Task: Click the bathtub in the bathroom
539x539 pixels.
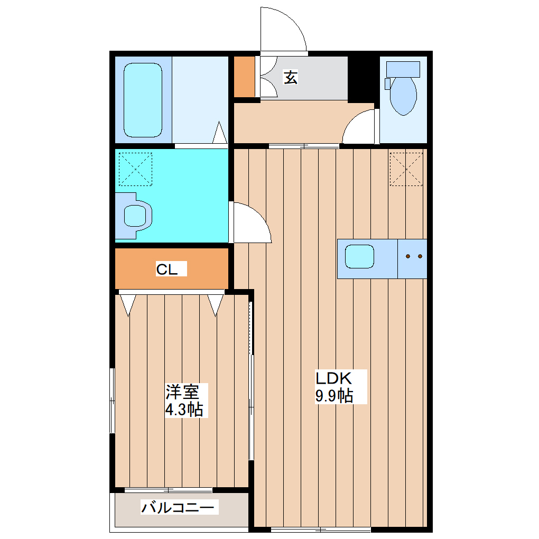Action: [143, 100]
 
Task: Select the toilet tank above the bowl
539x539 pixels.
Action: [403, 69]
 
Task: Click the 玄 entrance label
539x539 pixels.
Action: [291, 77]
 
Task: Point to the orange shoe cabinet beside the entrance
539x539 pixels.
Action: [244, 77]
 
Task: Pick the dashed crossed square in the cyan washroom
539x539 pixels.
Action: [135, 169]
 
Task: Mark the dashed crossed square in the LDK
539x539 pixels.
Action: [406, 169]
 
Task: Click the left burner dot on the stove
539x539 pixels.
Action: [408, 257]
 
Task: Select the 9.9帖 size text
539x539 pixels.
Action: [334, 395]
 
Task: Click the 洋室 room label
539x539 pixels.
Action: [182, 392]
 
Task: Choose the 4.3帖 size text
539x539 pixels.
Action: [183, 410]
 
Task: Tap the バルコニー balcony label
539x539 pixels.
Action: [179, 508]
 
